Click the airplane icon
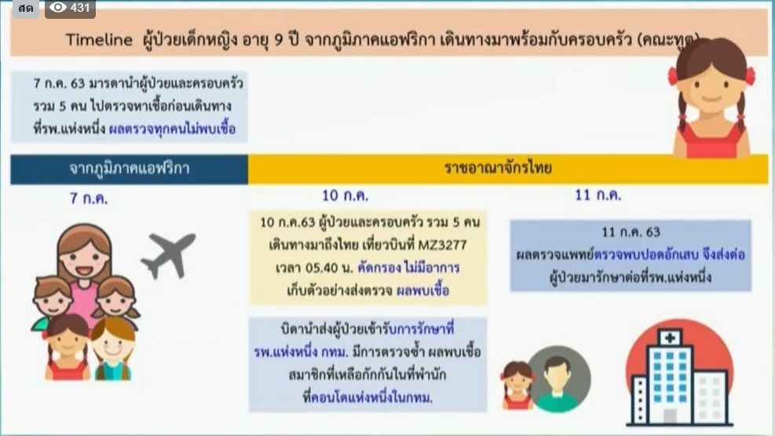169,255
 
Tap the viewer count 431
80,8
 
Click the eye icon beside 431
58,7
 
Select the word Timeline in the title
100,39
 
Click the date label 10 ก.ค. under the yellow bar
345,195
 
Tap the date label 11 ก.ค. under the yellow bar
598,195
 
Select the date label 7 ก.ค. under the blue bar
89,198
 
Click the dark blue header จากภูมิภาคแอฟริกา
129,169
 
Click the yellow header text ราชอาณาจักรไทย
498,168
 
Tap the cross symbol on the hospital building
670,338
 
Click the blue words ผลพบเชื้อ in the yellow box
422,290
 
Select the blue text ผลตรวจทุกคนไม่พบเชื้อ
172,129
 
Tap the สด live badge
26,9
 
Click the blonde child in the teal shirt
113,349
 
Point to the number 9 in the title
278,39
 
